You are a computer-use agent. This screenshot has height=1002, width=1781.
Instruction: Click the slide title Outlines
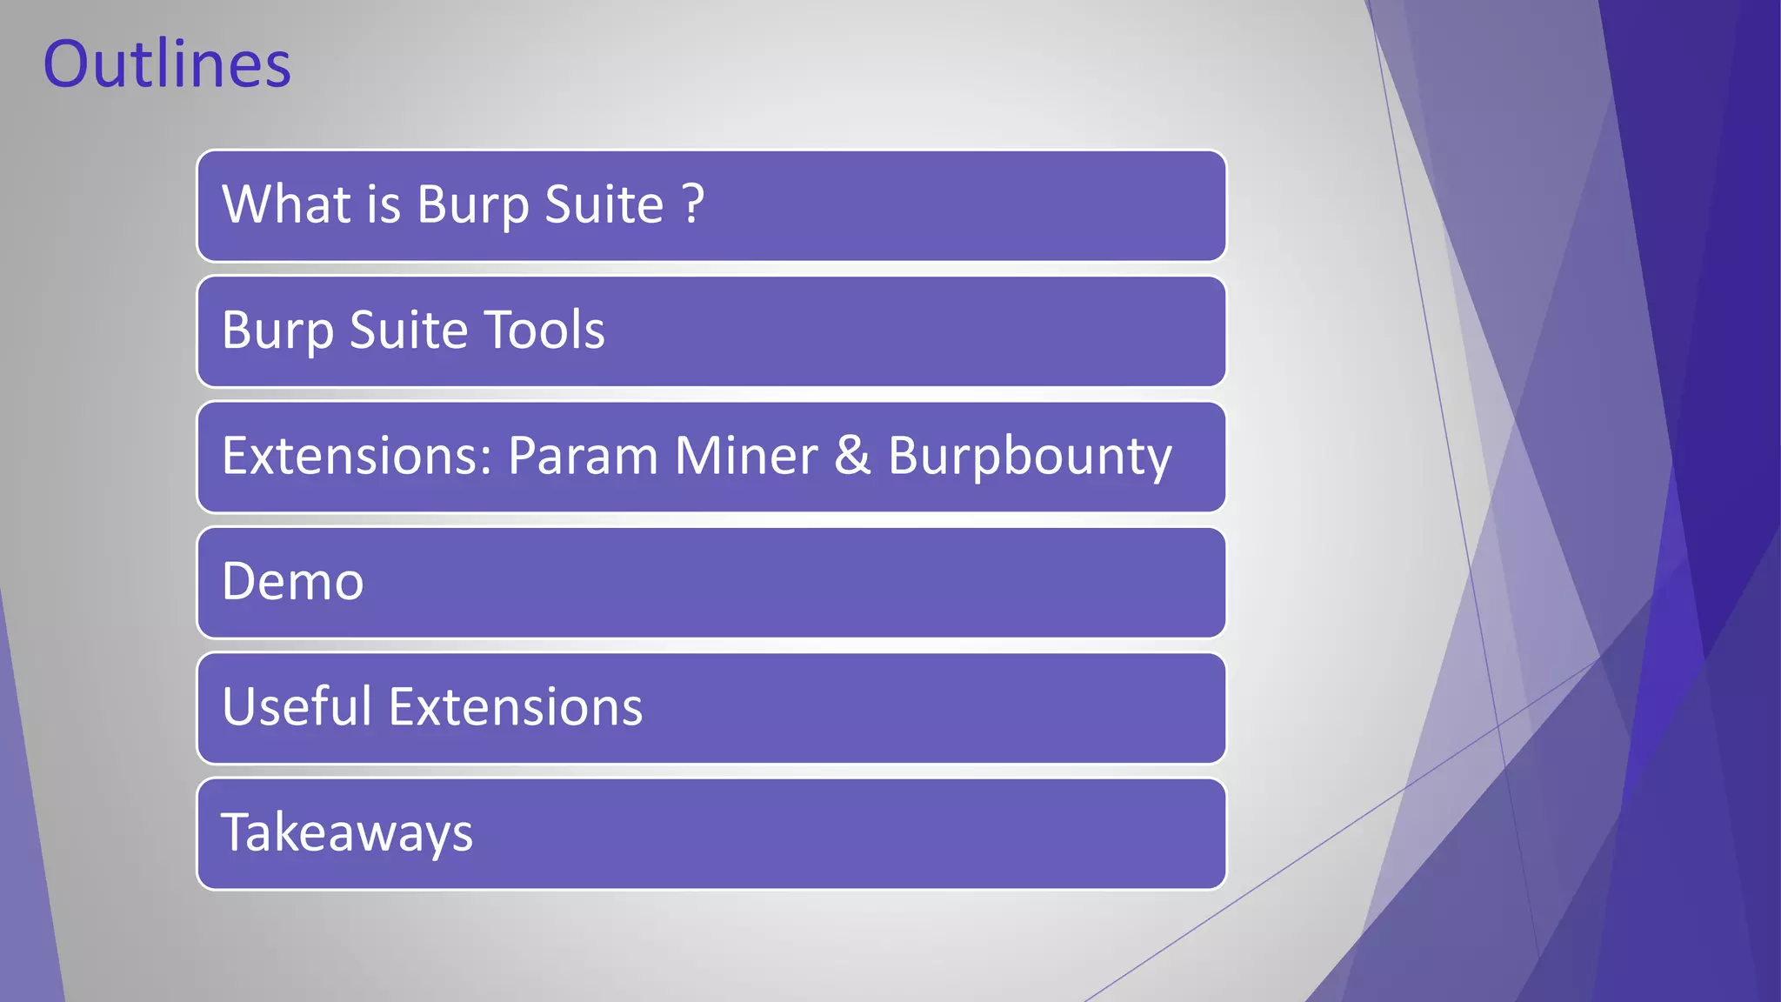click(x=167, y=64)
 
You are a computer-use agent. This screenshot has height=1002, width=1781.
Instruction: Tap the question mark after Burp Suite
click(x=693, y=204)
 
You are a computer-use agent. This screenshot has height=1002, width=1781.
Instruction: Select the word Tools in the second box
click(x=544, y=331)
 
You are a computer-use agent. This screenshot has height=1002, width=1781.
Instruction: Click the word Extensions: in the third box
click(x=357, y=456)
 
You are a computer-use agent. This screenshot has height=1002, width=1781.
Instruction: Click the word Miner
click(x=745, y=456)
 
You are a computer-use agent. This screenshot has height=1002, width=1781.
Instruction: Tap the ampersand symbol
click(x=852, y=456)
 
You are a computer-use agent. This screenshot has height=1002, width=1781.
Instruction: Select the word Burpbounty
click(x=1030, y=458)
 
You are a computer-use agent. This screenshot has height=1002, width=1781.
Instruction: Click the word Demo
click(x=292, y=582)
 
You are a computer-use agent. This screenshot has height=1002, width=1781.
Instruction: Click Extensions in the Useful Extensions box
click(x=516, y=706)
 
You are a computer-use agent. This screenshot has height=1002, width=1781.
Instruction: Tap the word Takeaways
click(x=347, y=833)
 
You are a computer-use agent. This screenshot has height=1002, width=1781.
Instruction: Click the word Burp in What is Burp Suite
click(x=472, y=206)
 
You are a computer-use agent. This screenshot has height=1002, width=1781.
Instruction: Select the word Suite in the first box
click(x=604, y=204)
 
